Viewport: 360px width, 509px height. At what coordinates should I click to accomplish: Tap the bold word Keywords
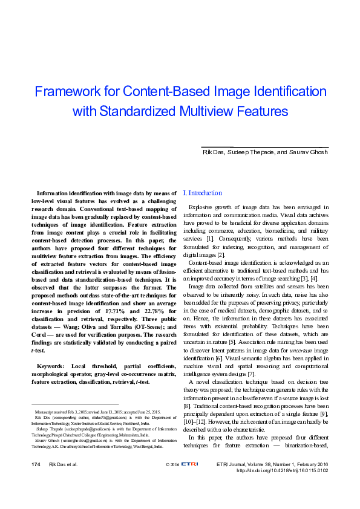click(x=53, y=366)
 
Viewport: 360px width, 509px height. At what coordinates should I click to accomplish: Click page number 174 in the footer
click(x=36, y=464)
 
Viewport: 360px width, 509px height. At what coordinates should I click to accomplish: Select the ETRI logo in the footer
click(x=191, y=464)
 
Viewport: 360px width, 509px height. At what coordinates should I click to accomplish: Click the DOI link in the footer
click(x=282, y=470)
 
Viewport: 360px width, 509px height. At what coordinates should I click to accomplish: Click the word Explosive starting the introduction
click(x=201, y=207)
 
